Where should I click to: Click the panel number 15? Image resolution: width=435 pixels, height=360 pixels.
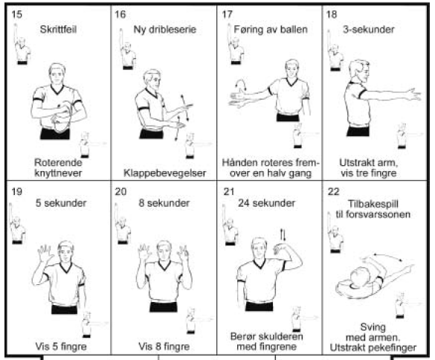(16, 14)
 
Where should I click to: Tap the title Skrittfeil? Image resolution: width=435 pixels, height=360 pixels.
(58, 30)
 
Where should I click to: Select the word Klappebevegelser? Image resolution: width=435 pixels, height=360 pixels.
(164, 173)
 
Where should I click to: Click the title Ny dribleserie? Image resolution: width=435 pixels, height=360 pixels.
(165, 30)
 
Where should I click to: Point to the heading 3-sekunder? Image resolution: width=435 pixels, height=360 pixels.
(368, 30)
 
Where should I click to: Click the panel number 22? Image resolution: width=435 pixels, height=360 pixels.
(333, 191)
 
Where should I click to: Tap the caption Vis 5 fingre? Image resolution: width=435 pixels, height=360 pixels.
(61, 347)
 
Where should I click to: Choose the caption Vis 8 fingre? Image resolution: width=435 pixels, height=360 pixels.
(164, 347)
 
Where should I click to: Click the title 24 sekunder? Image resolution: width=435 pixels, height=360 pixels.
(266, 203)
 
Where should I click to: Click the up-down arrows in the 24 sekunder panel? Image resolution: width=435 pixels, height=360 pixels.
(283, 235)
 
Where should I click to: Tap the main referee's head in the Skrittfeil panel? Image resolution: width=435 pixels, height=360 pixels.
(57, 74)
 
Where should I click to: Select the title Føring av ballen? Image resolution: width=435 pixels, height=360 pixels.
(271, 30)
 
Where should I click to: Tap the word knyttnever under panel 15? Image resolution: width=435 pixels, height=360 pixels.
(58, 173)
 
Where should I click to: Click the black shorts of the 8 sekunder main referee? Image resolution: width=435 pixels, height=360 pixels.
(164, 306)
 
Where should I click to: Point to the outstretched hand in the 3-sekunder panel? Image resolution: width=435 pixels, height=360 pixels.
(413, 94)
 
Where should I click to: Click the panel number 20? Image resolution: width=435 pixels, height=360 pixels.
(120, 191)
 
